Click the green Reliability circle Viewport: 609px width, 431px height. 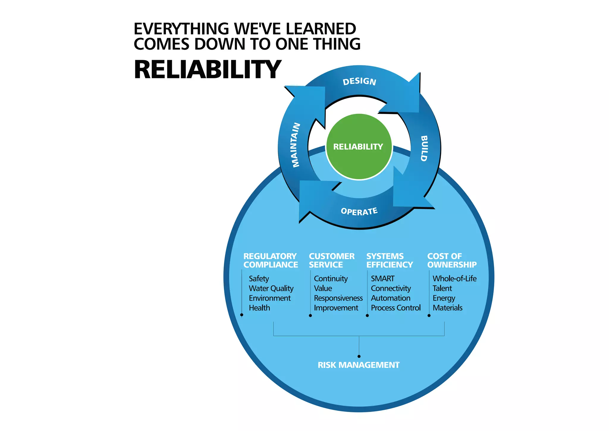click(x=359, y=147)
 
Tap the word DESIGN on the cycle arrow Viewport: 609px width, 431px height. click(x=360, y=81)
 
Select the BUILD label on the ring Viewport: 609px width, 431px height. click(x=424, y=148)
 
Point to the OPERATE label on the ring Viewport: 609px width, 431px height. click(x=359, y=211)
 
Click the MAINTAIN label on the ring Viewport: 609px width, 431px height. click(x=296, y=145)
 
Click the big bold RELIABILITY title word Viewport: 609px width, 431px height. click(x=207, y=70)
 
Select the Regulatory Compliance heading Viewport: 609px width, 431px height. click(x=270, y=260)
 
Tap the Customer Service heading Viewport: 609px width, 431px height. click(x=332, y=260)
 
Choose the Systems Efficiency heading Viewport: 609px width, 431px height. click(x=390, y=260)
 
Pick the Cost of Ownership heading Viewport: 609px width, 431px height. click(x=452, y=260)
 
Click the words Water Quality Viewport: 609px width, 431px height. click(x=271, y=288)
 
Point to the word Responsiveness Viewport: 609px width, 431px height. click(x=338, y=298)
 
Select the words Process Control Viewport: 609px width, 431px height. click(x=396, y=308)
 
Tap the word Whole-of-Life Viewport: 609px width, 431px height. click(x=454, y=279)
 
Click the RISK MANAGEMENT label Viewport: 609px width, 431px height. click(x=359, y=365)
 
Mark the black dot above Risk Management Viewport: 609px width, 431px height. click(x=359, y=356)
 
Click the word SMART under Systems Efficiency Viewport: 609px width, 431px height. click(x=382, y=279)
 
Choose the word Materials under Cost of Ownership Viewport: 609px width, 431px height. click(x=448, y=308)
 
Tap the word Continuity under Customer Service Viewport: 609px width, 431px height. click(x=331, y=279)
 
